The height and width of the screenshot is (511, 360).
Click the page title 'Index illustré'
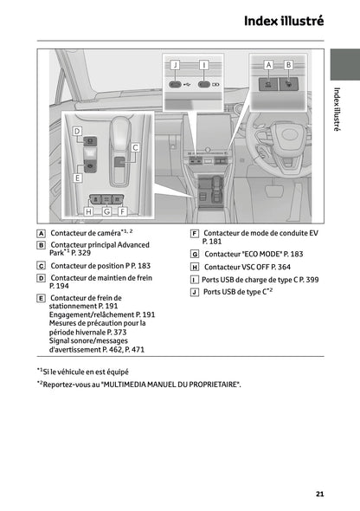point(283,20)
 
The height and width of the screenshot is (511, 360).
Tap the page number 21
point(319,494)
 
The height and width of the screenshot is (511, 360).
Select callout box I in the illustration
point(203,65)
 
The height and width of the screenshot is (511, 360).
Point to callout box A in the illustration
point(268,65)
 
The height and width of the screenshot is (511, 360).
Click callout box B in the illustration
point(288,65)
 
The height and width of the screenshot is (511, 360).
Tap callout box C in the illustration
point(135,148)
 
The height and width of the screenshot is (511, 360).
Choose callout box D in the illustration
point(76,133)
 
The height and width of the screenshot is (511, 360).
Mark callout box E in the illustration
point(76,178)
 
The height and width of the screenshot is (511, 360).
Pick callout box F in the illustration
point(122,210)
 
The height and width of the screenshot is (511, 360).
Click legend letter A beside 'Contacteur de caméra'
point(41,234)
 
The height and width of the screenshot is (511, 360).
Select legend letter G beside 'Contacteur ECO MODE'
point(195,255)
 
